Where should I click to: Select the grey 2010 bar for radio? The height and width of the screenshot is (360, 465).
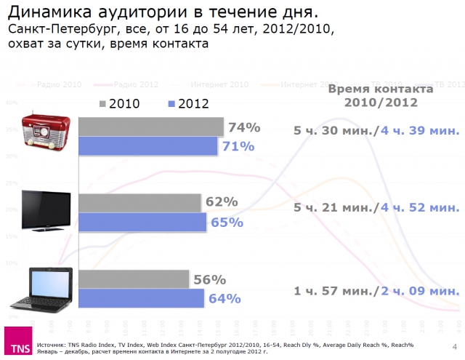click(x=150, y=127)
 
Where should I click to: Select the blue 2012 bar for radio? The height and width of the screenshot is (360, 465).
click(x=147, y=146)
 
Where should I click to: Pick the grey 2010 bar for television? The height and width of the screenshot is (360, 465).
click(x=139, y=202)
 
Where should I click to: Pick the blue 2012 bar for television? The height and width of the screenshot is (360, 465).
click(x=142, y=222)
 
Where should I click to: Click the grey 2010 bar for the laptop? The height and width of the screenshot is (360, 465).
click(x=133, y=279)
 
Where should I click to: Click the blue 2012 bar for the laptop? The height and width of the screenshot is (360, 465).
click(x=141, y=298)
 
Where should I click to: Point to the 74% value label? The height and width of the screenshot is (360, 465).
click(x=244, y=127)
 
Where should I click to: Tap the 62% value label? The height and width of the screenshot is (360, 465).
click(x=222, y=202)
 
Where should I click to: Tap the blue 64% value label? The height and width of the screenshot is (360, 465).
click(x=225, y=298)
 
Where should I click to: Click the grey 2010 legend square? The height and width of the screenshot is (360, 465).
click(x=102, y=103)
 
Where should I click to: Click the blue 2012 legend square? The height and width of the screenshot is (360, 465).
click(x=172, y=103)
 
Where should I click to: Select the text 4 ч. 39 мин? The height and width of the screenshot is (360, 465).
click(x=420, y=131)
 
